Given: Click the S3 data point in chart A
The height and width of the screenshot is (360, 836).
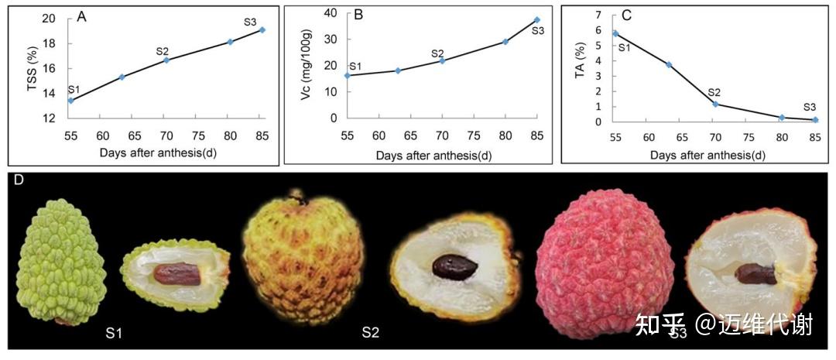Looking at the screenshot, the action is pos(262,30).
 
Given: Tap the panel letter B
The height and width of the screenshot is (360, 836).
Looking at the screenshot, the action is pos(358,15).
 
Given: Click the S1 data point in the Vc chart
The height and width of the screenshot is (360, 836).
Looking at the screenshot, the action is pos(347,75).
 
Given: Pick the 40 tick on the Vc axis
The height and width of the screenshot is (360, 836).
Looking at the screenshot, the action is pos(332,13).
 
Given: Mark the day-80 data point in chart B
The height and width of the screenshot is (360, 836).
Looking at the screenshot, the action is pos(505,41).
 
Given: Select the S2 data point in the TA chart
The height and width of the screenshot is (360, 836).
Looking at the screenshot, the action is pos(715,104).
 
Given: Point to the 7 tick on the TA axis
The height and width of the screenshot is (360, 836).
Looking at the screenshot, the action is pos(605,15).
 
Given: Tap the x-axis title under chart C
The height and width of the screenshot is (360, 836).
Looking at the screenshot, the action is pos(708,156).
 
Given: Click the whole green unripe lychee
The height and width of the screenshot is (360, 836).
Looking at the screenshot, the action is pos(55,262).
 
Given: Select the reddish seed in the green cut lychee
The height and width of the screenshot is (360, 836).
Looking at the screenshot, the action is pos(177,274).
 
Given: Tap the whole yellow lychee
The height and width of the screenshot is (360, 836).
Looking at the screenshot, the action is pos(304,258).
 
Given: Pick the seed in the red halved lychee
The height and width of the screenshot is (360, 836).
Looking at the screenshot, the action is pos(756,274).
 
